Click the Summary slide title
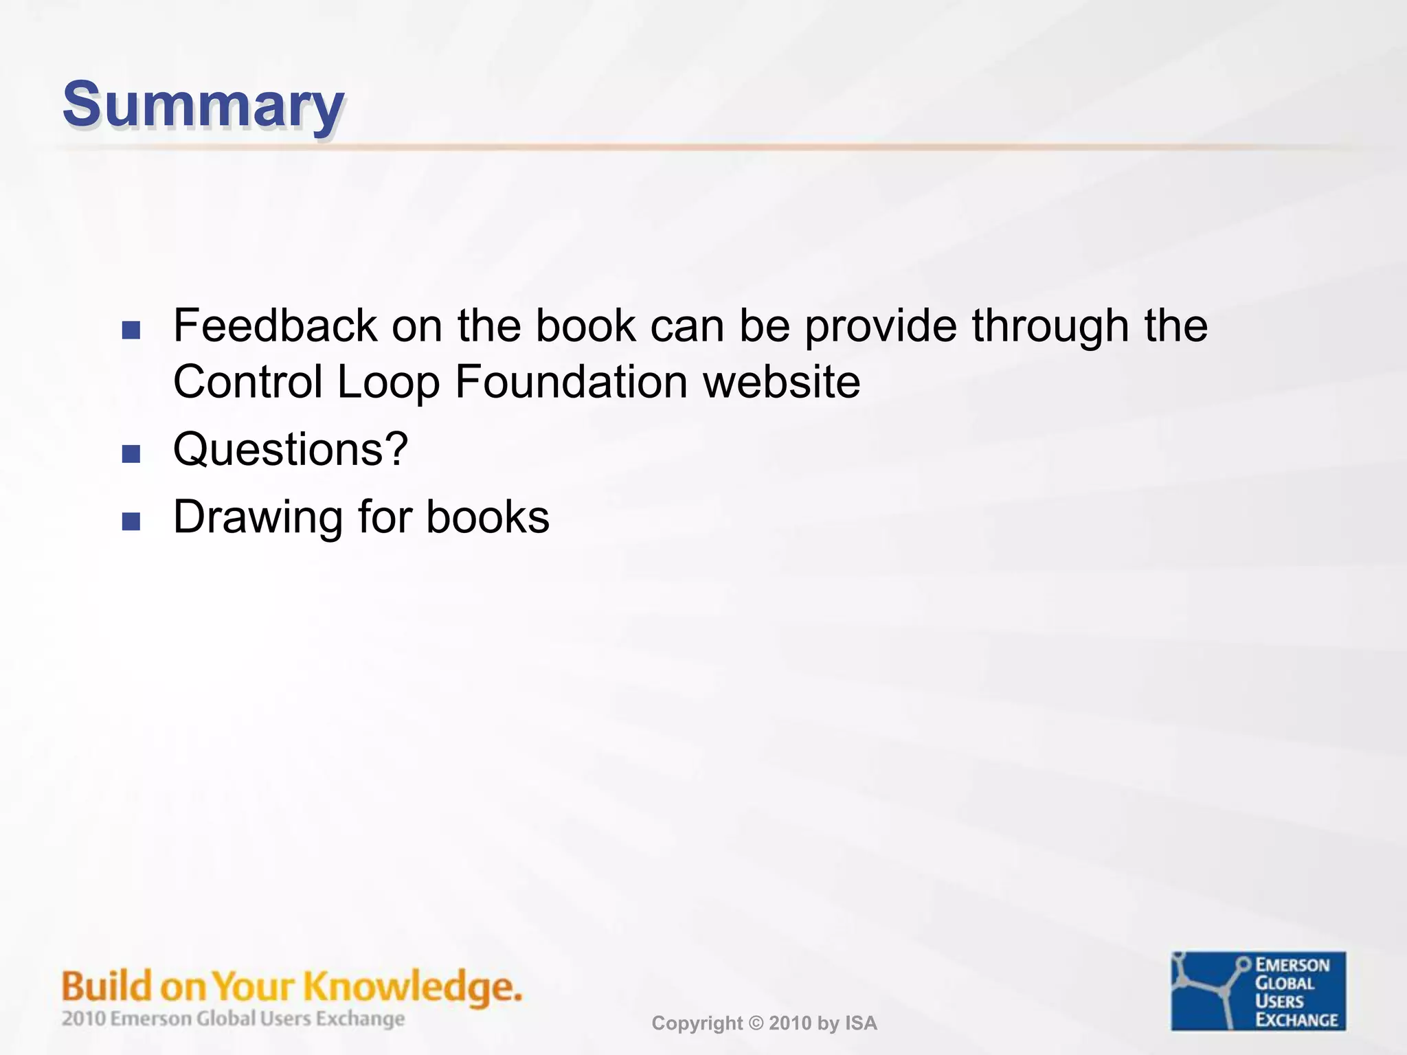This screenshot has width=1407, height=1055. tap(203, 105)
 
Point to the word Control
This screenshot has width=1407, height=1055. tap(247, 382)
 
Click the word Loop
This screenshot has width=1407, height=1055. tap(388, 382)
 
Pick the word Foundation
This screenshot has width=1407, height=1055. tap(571, 382)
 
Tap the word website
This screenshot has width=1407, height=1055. tap(781, 382)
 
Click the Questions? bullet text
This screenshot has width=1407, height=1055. tap(291, 450)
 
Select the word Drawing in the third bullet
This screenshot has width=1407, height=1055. tap(258, 517)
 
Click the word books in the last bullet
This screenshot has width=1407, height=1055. tap(488, 517)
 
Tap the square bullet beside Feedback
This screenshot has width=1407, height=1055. tap(131, 330)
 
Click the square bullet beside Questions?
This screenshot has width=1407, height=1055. tap(131, 454)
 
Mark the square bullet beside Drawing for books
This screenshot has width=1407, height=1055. tap(131, 521)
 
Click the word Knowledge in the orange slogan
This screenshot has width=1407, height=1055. tap(412, 987)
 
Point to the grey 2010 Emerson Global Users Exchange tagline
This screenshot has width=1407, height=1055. tap(233, 1019)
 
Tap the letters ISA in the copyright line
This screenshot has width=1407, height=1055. tap(861, 1023)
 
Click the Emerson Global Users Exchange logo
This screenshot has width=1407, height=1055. tap(1258, 990)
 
